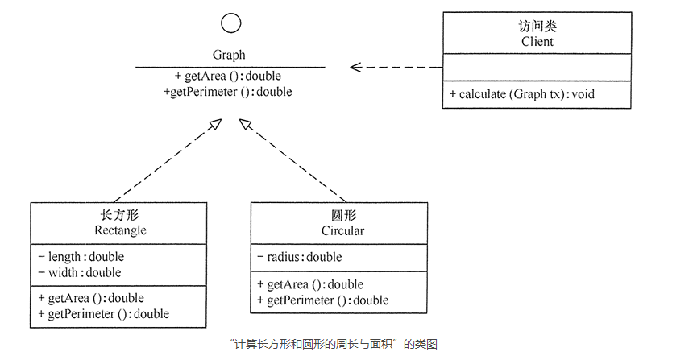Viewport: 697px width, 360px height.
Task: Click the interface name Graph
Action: (229, 55)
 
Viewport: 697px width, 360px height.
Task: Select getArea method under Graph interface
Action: (228, 76)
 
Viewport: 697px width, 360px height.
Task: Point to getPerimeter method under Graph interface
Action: (228, 92)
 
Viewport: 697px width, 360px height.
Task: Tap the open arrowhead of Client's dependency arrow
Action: (355, 68)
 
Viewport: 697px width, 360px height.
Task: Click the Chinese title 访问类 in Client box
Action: (537, 27)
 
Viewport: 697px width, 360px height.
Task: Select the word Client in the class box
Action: (537, 42)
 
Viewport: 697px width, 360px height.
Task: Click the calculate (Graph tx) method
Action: (522, 94)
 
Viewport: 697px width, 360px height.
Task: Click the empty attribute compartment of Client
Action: (537, 68)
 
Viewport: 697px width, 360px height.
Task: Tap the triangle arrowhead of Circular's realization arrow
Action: (246, 124)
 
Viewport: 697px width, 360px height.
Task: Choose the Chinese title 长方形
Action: (120, 216)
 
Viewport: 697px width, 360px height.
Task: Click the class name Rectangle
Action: (120, 230)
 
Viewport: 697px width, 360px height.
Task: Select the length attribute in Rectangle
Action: (81, 257)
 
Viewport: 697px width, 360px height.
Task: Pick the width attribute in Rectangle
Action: (80, 272)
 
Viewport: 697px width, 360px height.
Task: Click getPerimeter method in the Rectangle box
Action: (104, 314)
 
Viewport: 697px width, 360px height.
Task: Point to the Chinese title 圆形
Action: (343, 216)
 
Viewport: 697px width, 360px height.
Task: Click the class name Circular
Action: (342, 230)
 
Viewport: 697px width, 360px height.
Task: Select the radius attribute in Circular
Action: (300, 257)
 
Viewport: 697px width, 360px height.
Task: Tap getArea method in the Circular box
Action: (310, 284)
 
